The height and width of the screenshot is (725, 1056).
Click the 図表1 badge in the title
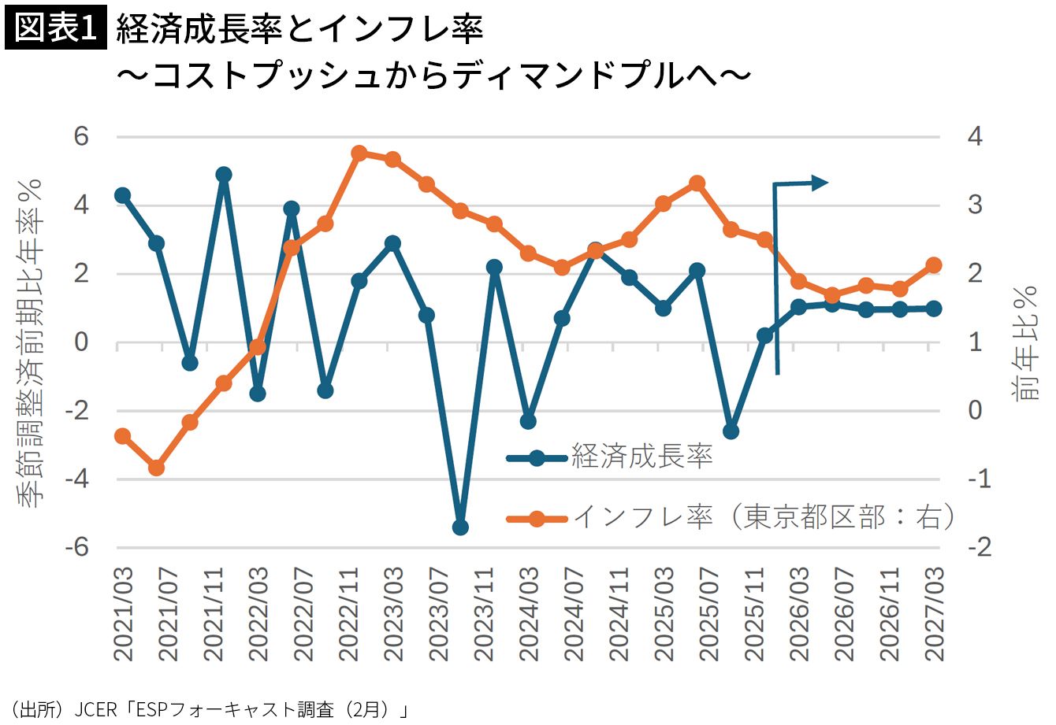[x=55, y=29]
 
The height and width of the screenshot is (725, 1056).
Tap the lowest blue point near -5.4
[x=461, y=527]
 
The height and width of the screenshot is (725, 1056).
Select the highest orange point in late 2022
[x=359, y=153]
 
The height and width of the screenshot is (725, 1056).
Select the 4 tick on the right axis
[x=975, y=136]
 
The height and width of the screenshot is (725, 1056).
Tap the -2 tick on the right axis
[x=978, y=547]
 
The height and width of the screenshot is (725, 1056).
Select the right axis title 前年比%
[x=1027, y=342]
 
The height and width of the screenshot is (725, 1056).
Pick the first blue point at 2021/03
[x=122, y=195]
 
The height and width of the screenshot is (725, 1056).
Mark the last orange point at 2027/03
[x=934, y=265]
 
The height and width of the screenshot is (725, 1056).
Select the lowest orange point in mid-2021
[x=156, y=468]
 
